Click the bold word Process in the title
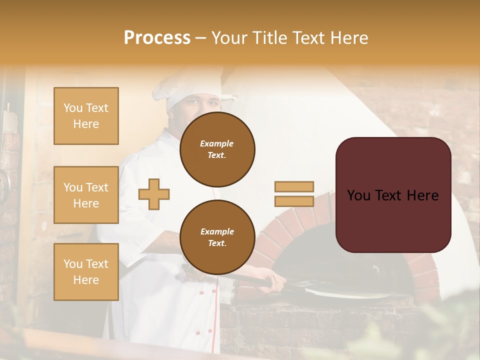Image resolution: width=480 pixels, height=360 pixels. click(157, 38)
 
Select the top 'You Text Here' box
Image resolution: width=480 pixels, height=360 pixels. click(86, 116)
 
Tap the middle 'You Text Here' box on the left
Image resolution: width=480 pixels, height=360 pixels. click(86, 195)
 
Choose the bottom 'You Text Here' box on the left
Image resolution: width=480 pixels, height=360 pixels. click(86, 272)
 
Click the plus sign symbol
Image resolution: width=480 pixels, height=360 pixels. click(153, 194)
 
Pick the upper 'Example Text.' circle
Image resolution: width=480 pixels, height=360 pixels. click(217, 149)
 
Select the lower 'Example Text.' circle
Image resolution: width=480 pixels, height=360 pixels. click(217, 237)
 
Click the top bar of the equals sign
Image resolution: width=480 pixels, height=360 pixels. click(294, 187)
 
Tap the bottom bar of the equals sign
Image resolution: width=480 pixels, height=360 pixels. click(294, 201)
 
